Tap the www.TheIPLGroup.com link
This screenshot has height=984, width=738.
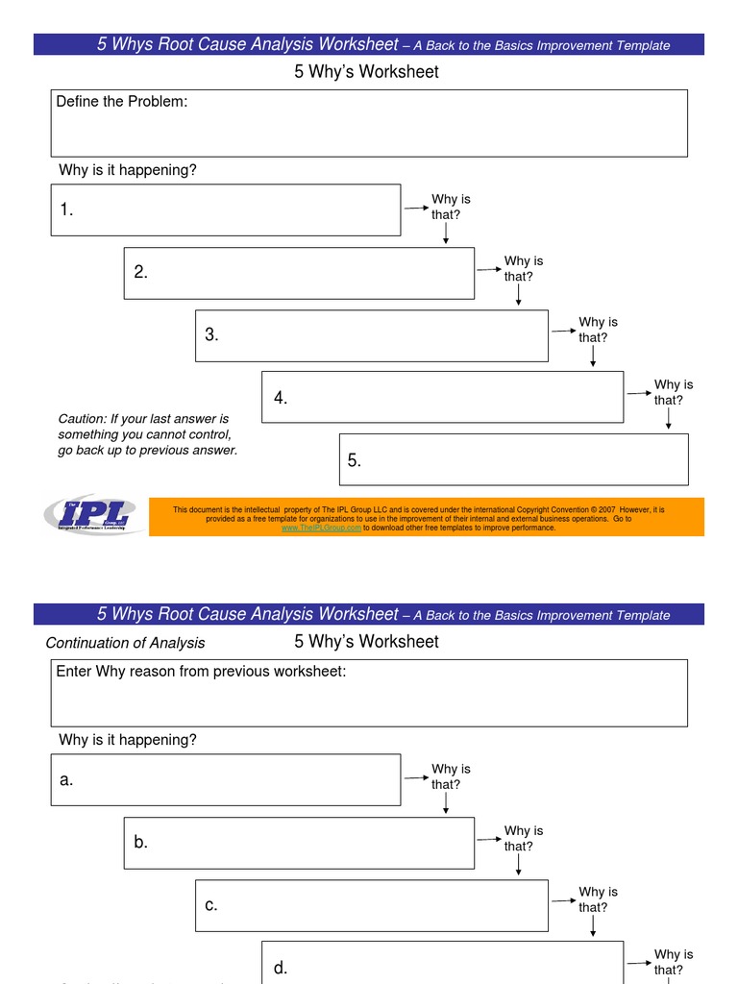pyautogui.click(x=321, y=528)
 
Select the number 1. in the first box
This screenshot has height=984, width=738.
pyautogui.click(x=66, y=210)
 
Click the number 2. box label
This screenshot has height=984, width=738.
pyautogui.click(x=141, y=272)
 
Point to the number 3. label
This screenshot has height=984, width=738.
pyautogui.click(x=211, y=335)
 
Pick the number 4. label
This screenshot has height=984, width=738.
pyautogui.click(x=281, y=398)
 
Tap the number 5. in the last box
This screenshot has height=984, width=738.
pyautogui.click(x=355, y=460)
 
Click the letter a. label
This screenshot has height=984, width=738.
pyautogui.click(x=66, y=780)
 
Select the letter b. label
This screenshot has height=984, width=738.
pyautogui.click(x=141, y=842)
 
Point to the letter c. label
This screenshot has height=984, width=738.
pyautogui.click(x=211, y=905)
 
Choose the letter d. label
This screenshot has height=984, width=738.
pyautogui.click(x=281, y=968)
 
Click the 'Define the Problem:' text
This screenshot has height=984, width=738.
pyautogui.click(x=121, y=102)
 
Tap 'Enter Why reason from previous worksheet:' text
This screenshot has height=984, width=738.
pyautogui.click(x=201, y=671)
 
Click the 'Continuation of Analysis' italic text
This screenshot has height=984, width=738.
pyautogui.click(x=125, y=643)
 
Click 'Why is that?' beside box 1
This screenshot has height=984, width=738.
pyautogui.click(x=450, y=207)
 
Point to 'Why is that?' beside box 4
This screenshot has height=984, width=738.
pyautogui.click(x=673, y=392)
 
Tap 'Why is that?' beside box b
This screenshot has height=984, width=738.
pyautogui.click(x=523, y=838)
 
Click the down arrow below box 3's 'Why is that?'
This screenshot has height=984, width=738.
pyautogui.click(x=593, y=357)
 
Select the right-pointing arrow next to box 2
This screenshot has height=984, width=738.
pyautogui.click(x=488, y=268)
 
